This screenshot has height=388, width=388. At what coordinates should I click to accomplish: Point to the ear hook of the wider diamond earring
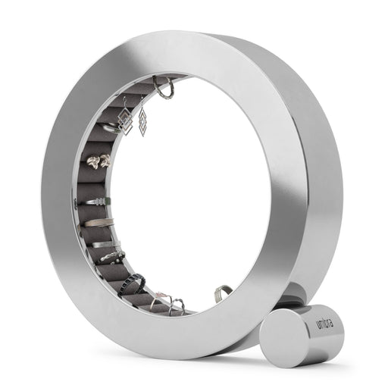pos(125,102)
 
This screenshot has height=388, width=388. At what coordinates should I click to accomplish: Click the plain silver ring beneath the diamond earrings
pos(111,129)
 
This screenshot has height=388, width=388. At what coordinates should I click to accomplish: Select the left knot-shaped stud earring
pos(93,161)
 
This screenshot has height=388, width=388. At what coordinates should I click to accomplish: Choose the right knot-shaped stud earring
pos(105,160)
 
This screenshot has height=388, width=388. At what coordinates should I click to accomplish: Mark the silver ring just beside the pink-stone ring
pos(177,306)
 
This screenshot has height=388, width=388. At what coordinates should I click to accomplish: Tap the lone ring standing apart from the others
pos(222,293)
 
